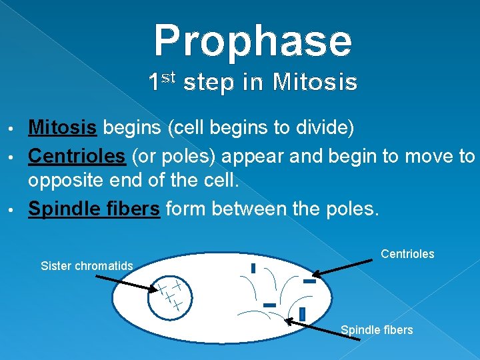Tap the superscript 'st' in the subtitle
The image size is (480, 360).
click(168, 78)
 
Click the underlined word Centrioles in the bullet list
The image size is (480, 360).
click(77, 156)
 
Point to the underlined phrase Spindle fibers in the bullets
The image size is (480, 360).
click(93, 209)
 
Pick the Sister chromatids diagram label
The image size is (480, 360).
click(87, 266)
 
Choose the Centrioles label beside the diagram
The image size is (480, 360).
click(407, 254)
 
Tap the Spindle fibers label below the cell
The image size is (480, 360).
click(377, 330)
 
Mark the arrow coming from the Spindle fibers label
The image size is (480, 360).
click(323, 329)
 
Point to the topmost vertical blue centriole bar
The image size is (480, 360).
click(253, 268)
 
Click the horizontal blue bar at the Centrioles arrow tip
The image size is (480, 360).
click(309, 281)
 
